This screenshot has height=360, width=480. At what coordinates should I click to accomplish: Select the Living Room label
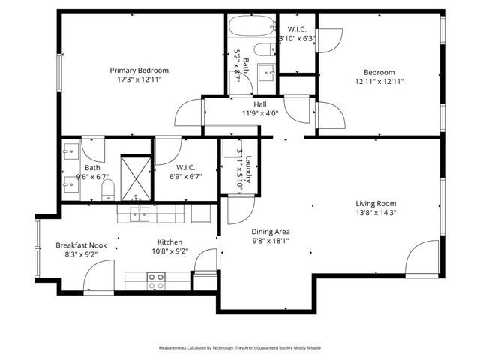click(x=376, y=203)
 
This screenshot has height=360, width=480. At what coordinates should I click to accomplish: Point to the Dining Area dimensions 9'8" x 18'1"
click(x=271, y=241)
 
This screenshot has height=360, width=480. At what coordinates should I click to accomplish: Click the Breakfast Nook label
click(x=81, y=245)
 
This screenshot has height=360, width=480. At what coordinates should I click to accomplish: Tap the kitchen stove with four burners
click(x=156, y=280)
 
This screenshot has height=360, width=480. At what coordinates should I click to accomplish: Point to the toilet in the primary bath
click(x=108, y=187)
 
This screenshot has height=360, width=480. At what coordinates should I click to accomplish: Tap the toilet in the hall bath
click(x=262, y=51)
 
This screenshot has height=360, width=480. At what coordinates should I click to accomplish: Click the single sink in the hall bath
click(x=267, y=73)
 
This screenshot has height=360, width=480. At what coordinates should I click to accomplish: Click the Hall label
click(x=260, y=103)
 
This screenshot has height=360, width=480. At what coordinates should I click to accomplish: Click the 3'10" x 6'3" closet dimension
click(x=297, y=38)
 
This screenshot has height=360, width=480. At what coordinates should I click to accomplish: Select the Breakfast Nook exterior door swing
click(x=97, y=281)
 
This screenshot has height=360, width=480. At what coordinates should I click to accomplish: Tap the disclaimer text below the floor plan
click(x=239, y=348)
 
